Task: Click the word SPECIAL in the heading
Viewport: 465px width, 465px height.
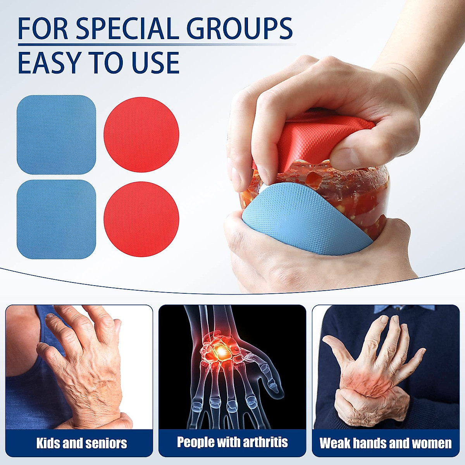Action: pos(128,29)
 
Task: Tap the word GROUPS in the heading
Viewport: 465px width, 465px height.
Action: pos(240,29)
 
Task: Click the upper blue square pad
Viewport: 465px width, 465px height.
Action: pos(56,134)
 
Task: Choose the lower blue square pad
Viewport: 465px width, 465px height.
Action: pos(56,219)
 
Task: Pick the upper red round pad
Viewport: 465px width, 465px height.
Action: pos(141,134)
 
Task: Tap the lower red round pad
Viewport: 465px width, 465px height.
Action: pos(141,219)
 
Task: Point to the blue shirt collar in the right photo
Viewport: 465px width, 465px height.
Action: pos(405,309)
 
